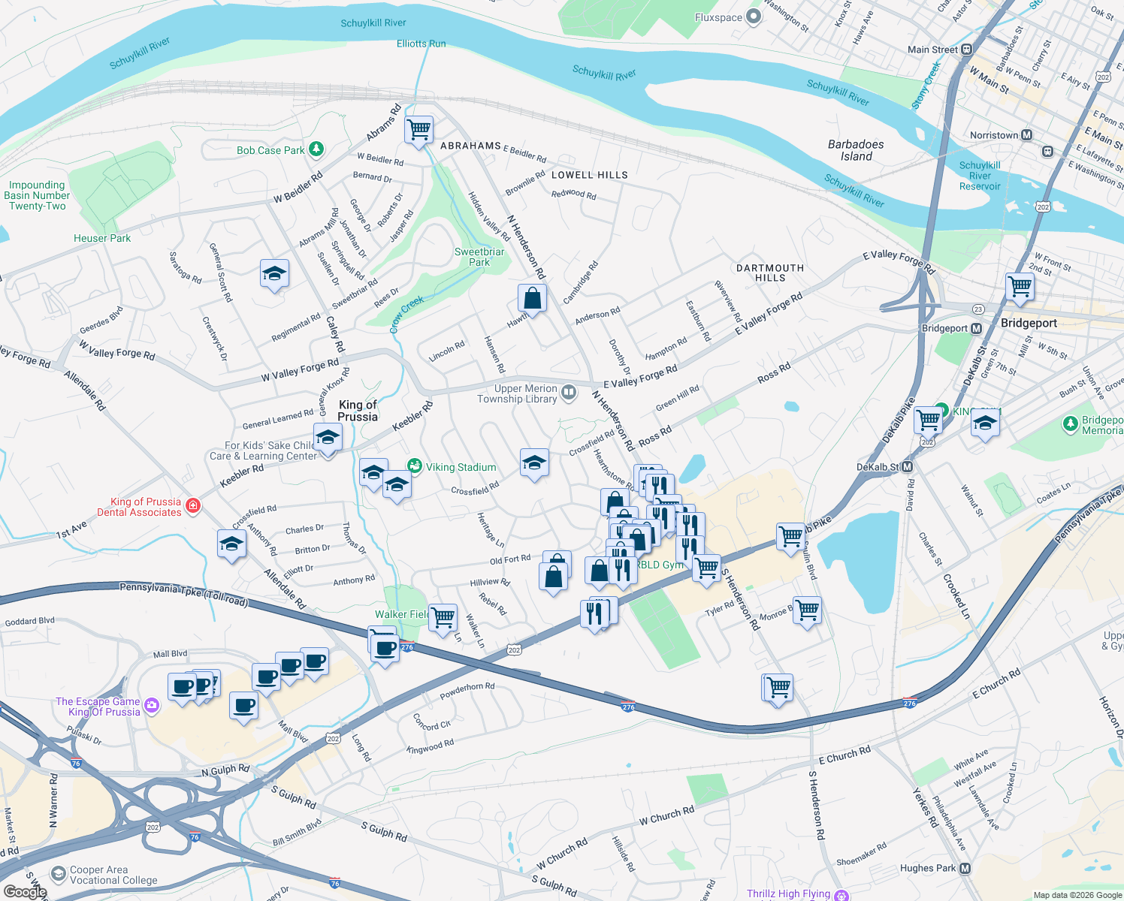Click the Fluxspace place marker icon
(754, 17)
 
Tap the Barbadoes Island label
(856, 150)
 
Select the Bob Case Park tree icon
(316, 149)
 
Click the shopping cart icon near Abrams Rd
(418, 129)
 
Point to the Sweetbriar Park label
(479, 257)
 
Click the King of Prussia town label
(358, 411)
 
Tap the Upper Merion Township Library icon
(569, 392)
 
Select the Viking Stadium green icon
(414, 466)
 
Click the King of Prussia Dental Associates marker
(193, 506)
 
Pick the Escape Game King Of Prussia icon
(152, 705)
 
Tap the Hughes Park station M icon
(965, 868)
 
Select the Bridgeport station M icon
(976, 328)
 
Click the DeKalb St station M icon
(907, 467)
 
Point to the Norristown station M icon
(1026, 135)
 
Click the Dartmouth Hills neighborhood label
(769, 273)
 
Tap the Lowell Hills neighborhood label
(589, 175)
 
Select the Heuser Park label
(102, 238)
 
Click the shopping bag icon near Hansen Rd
(532, 298)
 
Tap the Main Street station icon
(967, 50)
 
